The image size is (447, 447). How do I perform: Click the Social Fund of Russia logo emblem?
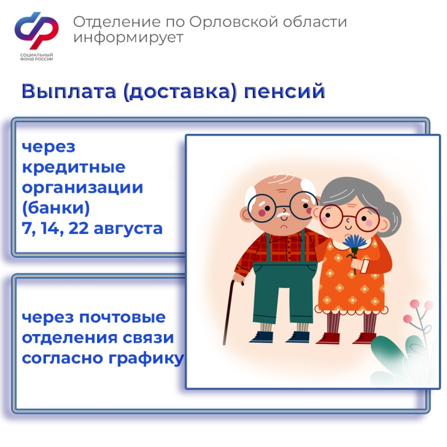[x=37, y=30]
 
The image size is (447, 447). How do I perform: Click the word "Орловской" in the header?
[x=234, y=22]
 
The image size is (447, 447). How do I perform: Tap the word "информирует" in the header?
[x=128, y=38]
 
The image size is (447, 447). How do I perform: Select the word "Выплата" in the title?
[x=69, y=91]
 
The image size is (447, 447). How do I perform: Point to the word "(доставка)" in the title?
[x=180, y=91]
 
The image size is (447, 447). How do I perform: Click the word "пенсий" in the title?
[x=284, y=91]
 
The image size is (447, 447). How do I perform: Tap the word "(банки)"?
[x=56, y=208]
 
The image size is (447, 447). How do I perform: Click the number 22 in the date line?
[x=78, y=229]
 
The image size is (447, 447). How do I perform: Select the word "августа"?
[x=128, y=230]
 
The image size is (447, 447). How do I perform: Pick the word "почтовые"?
[x=122, y=317]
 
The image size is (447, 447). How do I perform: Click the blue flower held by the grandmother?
[x=355, y=244]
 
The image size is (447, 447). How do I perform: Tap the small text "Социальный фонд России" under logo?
[x=37, y=57]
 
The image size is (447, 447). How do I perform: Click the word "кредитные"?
[x=74, y=167]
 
